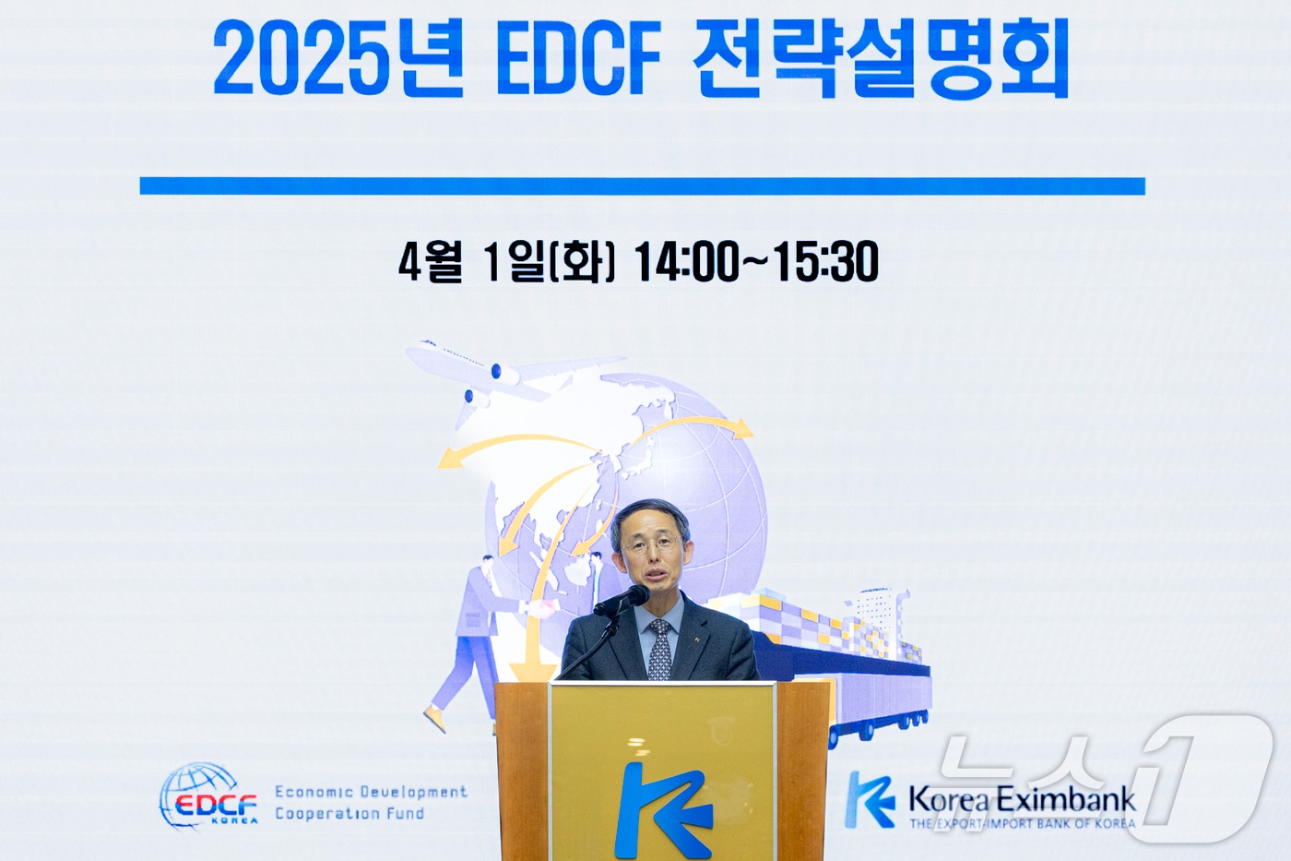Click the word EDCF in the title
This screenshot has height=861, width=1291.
(578, 61)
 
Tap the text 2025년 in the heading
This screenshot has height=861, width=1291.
(338, 61)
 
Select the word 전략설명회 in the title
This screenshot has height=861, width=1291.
(881, 61)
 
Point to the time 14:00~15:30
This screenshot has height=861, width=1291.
(756, 262)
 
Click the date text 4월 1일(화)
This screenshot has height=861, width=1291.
(506, 262)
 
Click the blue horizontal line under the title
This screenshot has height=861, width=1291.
(642, 186)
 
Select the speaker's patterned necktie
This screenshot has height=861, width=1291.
(659, 650)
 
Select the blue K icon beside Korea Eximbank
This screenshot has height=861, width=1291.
(871, 799)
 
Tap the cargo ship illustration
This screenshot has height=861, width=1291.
(830, 637)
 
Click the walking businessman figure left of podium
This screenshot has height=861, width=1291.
(470, 637)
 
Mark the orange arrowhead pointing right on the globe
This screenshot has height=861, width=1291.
(741, 428)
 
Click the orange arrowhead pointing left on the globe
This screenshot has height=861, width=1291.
(450, 457)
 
